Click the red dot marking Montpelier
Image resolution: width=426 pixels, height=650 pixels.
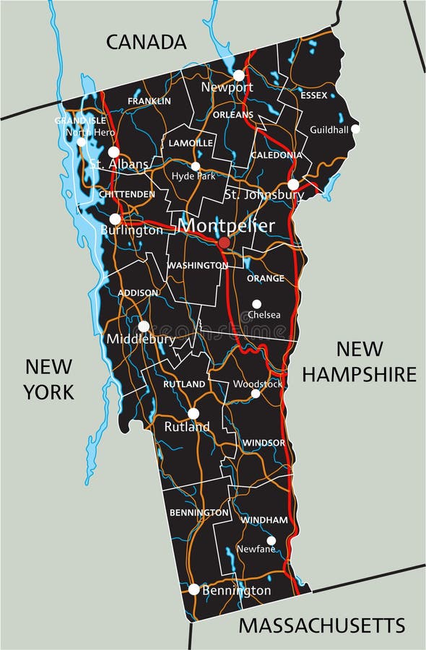coord(225,243)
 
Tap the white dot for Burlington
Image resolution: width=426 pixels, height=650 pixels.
coord(115,219)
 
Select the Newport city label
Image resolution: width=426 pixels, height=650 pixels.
coord(227,87)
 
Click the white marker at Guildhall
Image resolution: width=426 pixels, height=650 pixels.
coord(355,129)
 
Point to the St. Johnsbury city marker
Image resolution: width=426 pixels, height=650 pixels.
coord(293,184)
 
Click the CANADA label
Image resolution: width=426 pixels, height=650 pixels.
coord(147,42)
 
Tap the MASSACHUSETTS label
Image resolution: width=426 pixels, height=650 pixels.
coord(322,625)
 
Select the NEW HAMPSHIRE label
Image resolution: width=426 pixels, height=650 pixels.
coord(359,361)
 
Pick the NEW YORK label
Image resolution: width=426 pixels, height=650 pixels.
coord(48,378)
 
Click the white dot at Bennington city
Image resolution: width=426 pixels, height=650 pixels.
coord(194,589)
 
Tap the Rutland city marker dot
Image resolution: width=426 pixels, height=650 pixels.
coord(193,413)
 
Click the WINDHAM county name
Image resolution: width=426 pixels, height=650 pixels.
coord(264,520)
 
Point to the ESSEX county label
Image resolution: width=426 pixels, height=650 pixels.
coord(314,95)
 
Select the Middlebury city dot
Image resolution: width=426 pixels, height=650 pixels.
coord(144,326)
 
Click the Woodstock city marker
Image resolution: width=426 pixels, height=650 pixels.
coord(255,394)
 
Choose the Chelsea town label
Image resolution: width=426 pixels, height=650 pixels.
coord(264,315)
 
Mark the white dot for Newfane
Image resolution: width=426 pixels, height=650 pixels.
coord(271,540)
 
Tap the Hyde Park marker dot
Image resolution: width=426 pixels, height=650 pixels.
coord(195,166)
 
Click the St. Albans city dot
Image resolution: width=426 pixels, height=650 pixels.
coord(113,152)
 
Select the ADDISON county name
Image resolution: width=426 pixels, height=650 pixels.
coord(138,292)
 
